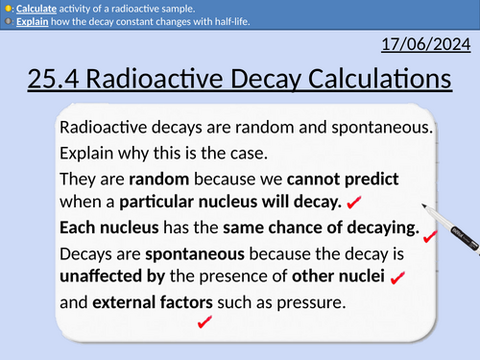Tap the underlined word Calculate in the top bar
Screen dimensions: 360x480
[x=36, y=8]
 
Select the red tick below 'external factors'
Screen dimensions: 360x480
[x=204, y=324]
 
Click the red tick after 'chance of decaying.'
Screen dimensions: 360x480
[x=430, y=235]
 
